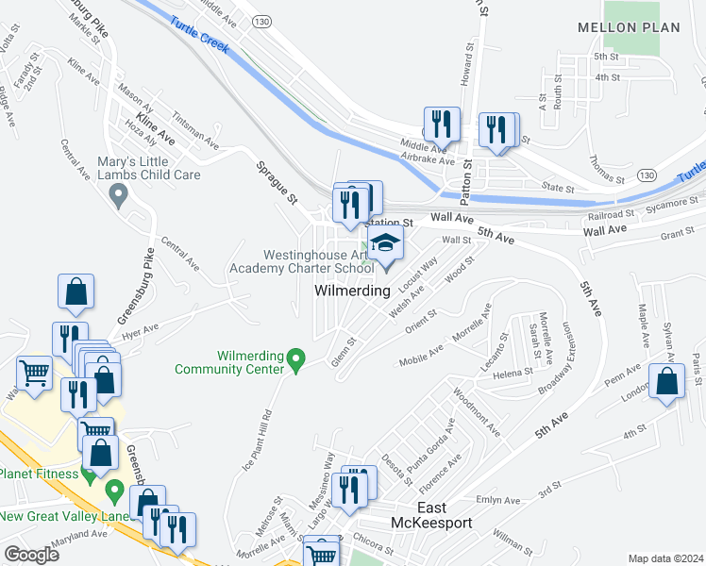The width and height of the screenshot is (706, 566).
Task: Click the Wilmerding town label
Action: [x=351, y=291]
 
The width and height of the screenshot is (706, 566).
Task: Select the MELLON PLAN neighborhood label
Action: [x=629, y=27]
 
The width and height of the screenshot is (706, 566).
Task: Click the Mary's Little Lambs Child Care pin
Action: [x=118, y=196]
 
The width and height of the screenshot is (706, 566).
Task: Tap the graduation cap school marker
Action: [x=384, y=245]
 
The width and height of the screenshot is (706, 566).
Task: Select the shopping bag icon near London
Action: [x=667, y=382]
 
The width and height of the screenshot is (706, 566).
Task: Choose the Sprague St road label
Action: [x=277, y=180]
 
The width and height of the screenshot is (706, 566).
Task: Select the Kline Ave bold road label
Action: [x=155, y=127]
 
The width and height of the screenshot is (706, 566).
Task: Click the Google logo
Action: [x=31, y=555]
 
